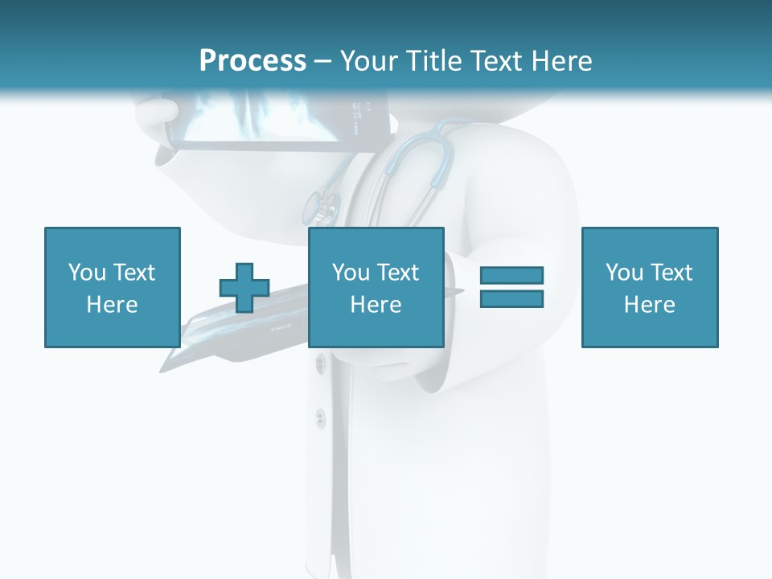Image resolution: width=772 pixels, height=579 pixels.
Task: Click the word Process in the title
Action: [253, 61]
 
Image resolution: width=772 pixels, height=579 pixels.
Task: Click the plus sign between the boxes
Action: [244, 288]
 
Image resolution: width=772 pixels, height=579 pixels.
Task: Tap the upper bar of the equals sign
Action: [511, 275]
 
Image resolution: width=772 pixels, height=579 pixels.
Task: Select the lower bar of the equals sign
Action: [511, 299]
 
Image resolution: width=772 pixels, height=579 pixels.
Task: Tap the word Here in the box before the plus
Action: [112, 305]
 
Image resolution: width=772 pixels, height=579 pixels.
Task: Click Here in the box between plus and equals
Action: [376, 305]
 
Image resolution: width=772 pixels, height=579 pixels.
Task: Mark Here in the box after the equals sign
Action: [649, 305]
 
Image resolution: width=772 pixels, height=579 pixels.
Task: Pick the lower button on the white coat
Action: [320, 417]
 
